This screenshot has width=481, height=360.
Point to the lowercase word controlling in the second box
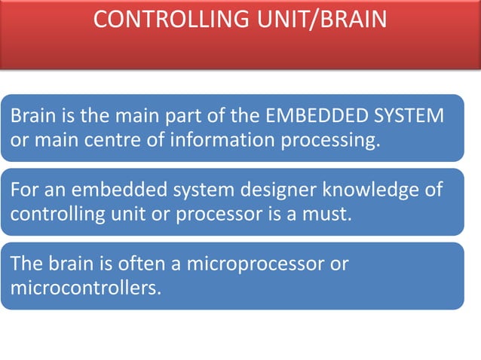tap(54, 214)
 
